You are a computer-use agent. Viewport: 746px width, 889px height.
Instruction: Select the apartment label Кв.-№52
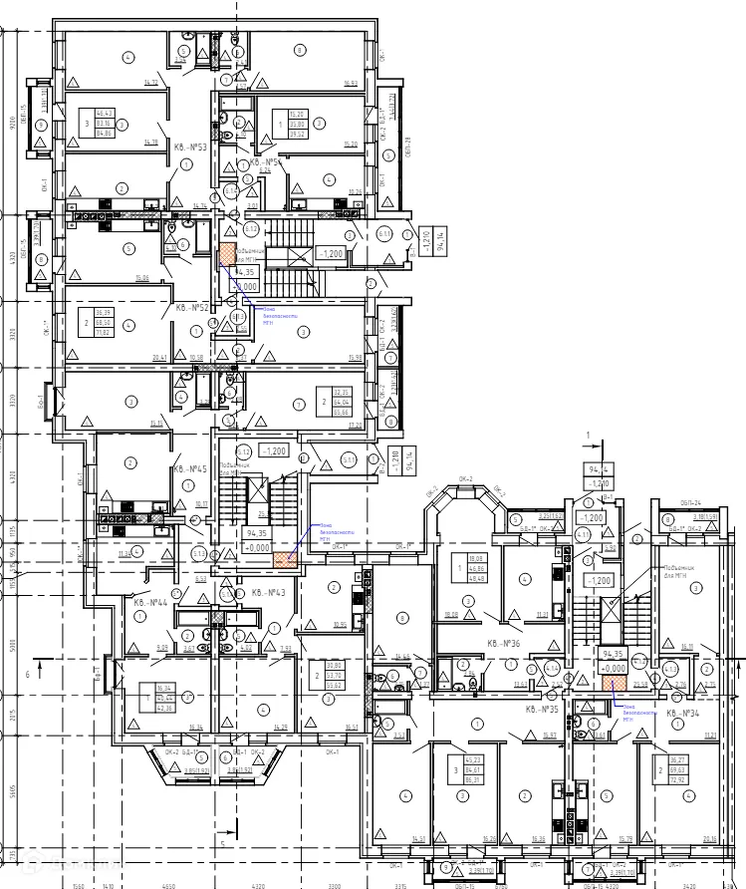(191, 308)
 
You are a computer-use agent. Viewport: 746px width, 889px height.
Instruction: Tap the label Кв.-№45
(189, 468)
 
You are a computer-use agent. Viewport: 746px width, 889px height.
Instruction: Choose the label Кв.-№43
(268, 593)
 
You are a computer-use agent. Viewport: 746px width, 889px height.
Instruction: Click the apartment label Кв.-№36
(504, 644)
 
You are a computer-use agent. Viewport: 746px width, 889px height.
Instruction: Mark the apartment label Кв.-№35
(544, 709)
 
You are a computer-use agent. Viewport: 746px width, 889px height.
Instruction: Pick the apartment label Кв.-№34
(684, 714)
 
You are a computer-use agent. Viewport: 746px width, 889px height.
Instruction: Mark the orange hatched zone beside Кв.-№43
(286, 559)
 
